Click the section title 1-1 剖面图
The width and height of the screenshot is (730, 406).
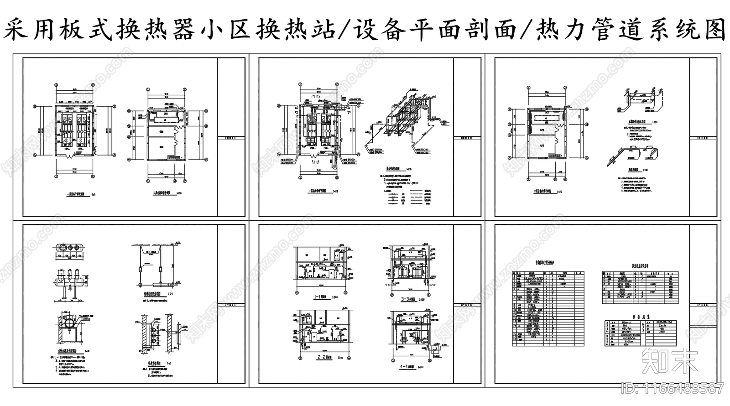[319, 297]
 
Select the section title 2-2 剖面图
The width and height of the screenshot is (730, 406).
[319, 358]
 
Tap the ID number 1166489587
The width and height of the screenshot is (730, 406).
[673, 388]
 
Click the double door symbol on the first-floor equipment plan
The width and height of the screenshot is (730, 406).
[68, 156]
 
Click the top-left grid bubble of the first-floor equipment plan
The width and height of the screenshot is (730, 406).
[56, 85]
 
